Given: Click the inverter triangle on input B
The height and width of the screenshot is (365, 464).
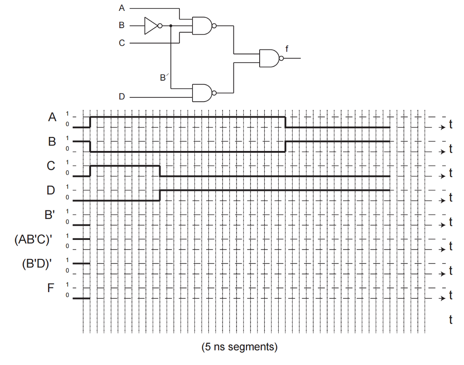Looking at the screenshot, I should [x=150, y=26].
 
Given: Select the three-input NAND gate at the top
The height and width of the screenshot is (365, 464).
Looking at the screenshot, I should [x=202, y=26].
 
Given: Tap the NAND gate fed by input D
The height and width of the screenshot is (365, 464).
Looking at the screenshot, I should [x=202, y=92].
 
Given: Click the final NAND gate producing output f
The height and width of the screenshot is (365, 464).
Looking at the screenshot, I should [x=269, y=58].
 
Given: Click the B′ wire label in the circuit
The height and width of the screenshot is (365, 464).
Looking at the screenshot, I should [x=164, y=78].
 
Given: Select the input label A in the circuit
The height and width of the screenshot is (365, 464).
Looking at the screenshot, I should [x=121, y=8].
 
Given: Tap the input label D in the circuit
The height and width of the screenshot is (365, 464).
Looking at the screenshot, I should [x=121, y=97].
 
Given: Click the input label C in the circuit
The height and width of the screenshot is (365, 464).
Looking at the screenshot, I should [x=121, y=43].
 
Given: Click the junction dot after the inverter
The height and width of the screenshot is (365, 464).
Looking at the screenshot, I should [x=171, y=26].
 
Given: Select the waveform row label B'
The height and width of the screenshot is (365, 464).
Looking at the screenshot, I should [x=50, y=214].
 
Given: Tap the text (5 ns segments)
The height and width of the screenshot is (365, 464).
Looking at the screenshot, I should [x=239, y=347].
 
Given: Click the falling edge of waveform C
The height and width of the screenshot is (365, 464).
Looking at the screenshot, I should [x=160, y=171].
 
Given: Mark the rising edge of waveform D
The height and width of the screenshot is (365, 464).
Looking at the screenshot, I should [x=160, y=195].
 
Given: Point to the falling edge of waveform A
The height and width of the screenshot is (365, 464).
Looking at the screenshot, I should [x=285, y=122].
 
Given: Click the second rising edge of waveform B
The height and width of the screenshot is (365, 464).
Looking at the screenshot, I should [x=285, y=146].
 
